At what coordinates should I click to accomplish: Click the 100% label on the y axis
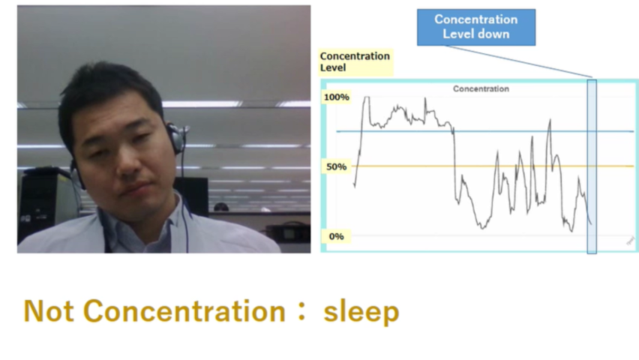click(337, 97)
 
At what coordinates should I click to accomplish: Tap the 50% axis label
click(337, 166)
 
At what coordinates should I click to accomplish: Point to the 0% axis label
click(337, 236)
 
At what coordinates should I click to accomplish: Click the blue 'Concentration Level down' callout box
click(476, 27)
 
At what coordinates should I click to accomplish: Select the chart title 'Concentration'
click(481, 89)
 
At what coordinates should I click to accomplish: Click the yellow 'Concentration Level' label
click(355, 62)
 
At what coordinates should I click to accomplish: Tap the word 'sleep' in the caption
click(361, 312)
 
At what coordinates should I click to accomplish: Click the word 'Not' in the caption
click(49, 311)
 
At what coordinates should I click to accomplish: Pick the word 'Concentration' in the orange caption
click(184, 311)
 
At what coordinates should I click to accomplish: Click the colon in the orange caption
click(301, 312)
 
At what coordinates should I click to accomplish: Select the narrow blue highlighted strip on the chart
click(592, 166)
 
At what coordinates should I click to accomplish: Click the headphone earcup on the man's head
click(176, 139)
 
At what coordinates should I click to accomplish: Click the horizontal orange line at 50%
click(492, 166)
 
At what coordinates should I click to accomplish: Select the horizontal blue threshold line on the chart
click(485, 131)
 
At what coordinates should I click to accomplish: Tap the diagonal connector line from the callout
click(518, 61)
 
